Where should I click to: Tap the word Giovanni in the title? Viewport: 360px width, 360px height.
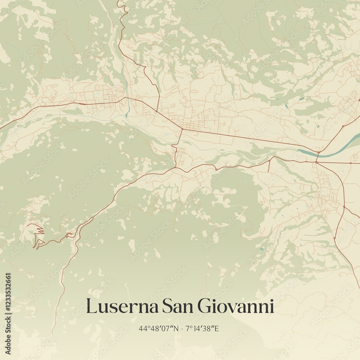(x=236, y=306)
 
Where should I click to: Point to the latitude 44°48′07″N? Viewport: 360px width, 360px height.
(x=158, y=328)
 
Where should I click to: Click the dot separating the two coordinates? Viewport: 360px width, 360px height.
(x=183, y=328)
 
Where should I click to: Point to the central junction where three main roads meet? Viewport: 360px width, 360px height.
(x=182, y=129)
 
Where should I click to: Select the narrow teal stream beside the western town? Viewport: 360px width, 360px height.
(x=127, y=104)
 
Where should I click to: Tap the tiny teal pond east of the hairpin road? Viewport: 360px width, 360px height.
(x=100, y=223)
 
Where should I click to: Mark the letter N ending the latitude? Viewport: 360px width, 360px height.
(x=176, y=328)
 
